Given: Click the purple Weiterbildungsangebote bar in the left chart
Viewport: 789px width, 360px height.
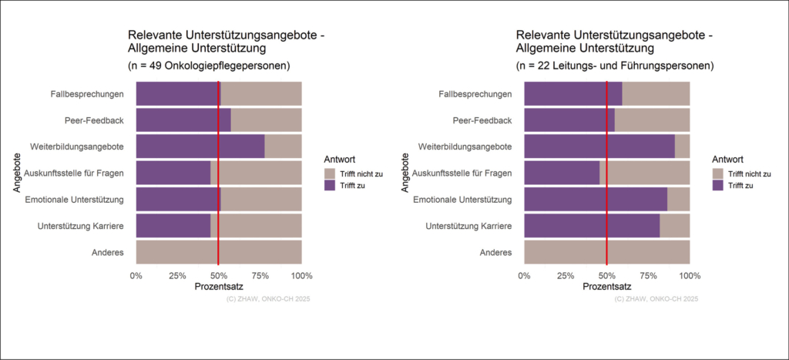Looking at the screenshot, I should point(200,146).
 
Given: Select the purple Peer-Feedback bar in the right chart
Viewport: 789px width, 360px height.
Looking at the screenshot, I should point(569,120).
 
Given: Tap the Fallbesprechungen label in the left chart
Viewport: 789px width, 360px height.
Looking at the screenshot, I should point(86,94).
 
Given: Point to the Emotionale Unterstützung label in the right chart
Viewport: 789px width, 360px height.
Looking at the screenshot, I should point(463,200).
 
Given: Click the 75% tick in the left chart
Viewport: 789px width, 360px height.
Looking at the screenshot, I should point(260,275).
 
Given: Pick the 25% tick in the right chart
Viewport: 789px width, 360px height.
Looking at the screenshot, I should point(566,275).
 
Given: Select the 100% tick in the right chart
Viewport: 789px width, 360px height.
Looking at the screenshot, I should point(690,275).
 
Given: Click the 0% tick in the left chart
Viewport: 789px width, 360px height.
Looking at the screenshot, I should point(136,275).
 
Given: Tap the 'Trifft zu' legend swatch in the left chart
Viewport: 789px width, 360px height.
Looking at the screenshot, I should point(330,186).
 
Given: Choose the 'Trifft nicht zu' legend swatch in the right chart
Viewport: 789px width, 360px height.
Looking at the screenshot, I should point(718,173).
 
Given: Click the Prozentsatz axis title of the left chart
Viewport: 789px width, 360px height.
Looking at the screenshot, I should point(219,287).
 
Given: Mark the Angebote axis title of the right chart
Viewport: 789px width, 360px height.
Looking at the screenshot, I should point(406,173).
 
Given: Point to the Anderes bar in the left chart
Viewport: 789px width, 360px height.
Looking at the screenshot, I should point(219,252).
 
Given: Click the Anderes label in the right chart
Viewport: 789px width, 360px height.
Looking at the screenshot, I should point(495,252).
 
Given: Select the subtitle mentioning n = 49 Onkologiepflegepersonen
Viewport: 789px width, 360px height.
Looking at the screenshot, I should point(208,66).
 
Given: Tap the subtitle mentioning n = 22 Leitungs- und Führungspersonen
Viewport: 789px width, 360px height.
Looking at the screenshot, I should point(614,66).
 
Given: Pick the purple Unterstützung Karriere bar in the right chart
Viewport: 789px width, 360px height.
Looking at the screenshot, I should point(592,226).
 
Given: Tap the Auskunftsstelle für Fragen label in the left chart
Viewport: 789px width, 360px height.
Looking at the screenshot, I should point(75,173).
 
